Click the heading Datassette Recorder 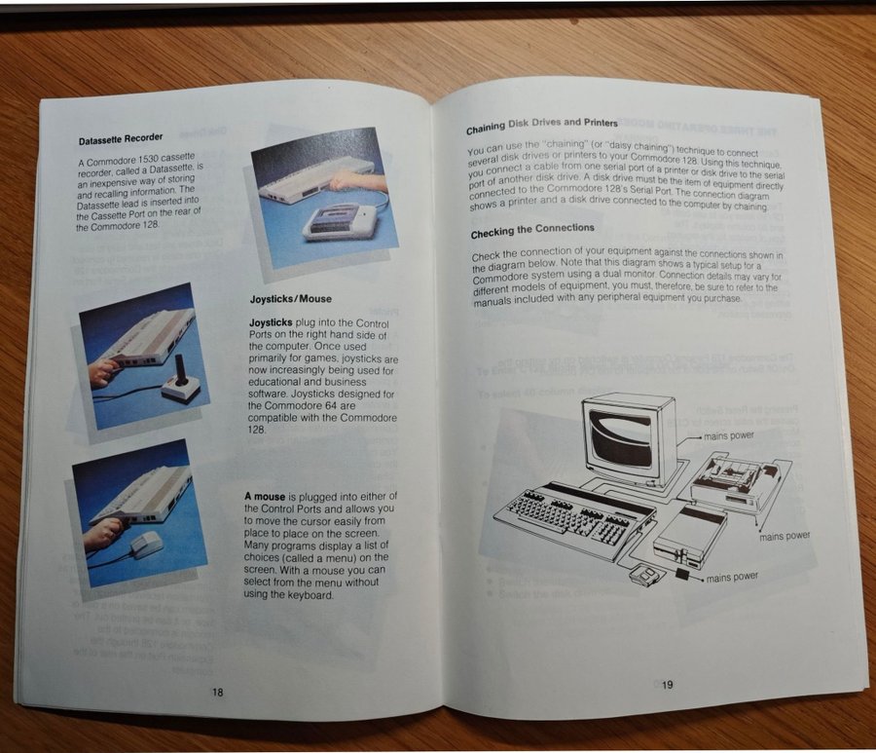121,138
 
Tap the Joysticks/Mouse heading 290,299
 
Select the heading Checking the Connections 532,230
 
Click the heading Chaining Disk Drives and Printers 542,126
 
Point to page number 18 217,692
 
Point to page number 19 667,684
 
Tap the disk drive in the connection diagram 690,535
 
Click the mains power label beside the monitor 728,435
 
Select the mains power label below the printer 785,536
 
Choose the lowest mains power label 732,578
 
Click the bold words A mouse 265,497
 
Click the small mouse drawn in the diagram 643,575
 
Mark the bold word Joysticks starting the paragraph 271,322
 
